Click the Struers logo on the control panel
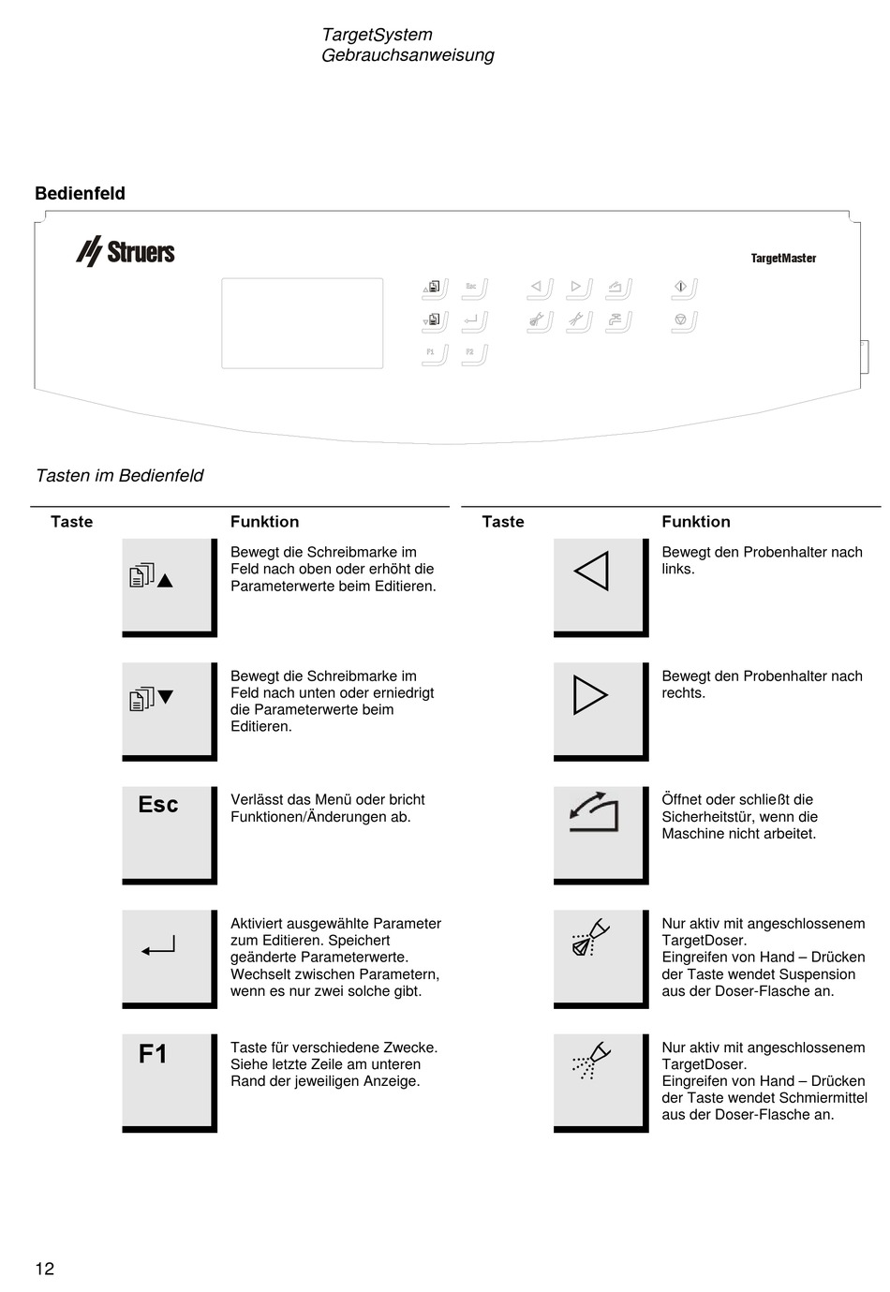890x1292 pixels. coord(126,251)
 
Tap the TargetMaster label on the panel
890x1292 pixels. coord(783,258)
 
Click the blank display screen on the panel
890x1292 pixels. coord(303,323)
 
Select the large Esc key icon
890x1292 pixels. coord(169,835)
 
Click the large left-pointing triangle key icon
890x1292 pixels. coord(601,587)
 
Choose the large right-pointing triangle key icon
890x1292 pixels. coord(601,711)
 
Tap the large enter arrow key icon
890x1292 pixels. coord(169,958)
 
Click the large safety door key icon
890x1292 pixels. coord(601,835)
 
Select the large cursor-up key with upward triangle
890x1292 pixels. coord(169,587)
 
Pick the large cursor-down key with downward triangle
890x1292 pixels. coord(169,711)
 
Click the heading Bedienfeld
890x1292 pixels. coord(81,193)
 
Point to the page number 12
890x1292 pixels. coord(45,1269)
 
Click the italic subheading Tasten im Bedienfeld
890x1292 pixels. coord(120,475)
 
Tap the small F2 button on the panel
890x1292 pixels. coord(474,355)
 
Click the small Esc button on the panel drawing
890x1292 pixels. coord(474,289)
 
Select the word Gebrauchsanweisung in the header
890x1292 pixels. coord(408,55)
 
